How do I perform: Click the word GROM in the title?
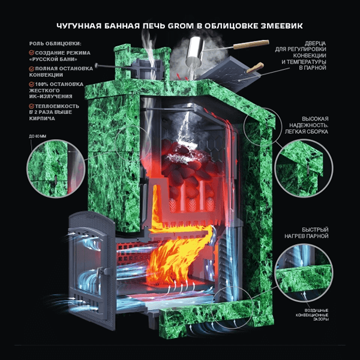click(x=181, y=26)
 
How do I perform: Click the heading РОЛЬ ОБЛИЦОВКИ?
click(x=55, y=44)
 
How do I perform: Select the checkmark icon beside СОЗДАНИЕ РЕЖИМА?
click(x=31, y=53)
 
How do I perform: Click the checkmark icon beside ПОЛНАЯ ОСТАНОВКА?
click(x=31, y=68)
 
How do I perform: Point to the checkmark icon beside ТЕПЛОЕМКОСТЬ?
click(x=31, y=106)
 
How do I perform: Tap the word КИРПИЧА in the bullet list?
click(x=42, y=118)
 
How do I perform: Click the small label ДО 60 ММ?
click(x=37, y=136)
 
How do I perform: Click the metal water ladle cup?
click(x=195, y=51)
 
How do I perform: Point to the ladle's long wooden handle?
click(x=251, y=44)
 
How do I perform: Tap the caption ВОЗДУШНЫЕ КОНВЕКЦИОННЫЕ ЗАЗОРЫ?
click(x=312, y=315)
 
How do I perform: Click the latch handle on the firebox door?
click(x=100, y=272)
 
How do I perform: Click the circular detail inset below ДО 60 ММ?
click(x=56, y=169)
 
